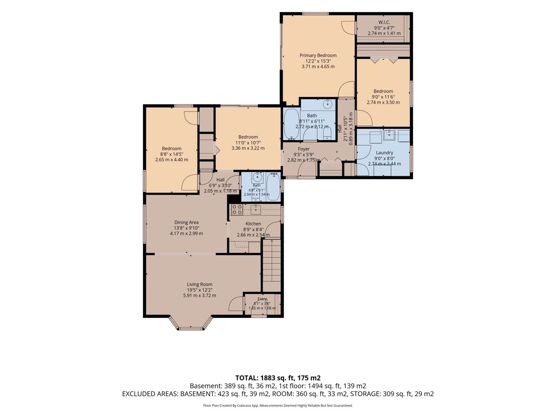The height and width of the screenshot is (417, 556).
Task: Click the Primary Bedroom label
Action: coord(318,55)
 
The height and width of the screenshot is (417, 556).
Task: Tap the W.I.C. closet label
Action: coord(384,22)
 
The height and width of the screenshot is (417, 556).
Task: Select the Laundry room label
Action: coord(384,152)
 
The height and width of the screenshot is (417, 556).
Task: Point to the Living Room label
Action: coord(200,284)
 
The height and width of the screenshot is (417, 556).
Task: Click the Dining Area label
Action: coord(186,222)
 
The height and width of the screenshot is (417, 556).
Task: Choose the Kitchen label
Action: coord(253,224)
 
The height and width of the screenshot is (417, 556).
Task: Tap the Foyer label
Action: coord(304,149)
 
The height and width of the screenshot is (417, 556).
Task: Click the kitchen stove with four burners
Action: coord(237,210)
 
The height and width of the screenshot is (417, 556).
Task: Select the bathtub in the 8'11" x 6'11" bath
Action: coord(291,124)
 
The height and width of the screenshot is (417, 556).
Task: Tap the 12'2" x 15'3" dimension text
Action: coord(318,61)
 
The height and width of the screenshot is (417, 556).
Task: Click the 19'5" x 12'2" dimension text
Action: coord(200,290)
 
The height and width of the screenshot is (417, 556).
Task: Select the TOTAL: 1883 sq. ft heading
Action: coord(278,378)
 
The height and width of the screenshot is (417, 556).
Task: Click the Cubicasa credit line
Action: coord(278,405)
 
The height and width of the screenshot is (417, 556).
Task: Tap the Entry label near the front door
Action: coord(262,299)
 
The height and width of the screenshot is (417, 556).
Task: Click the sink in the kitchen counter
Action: coord(256,209)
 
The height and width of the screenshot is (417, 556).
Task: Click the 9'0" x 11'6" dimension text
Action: coord(383,97)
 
